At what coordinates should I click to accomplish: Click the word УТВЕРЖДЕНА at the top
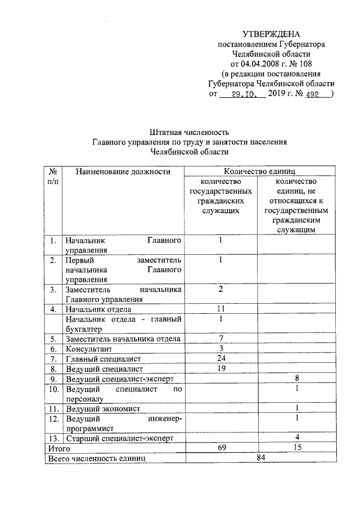coord(272,35)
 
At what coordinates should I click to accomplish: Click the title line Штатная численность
coord(190,132)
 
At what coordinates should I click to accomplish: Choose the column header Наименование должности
coord(123,172)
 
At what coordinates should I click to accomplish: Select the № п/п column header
coord(52,176)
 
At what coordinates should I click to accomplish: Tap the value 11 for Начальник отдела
coord(221,309)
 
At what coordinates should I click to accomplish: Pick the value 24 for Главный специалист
coord(221,358)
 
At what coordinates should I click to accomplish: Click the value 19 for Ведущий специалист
coord(221,368)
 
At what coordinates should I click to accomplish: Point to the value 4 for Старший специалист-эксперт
coord(295,437)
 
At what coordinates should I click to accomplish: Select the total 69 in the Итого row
coord(221,448)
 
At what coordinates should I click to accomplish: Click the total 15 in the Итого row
coord(295,448)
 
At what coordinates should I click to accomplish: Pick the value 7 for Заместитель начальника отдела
coord(221,337)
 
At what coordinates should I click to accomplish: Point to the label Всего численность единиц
coord(97,459)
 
